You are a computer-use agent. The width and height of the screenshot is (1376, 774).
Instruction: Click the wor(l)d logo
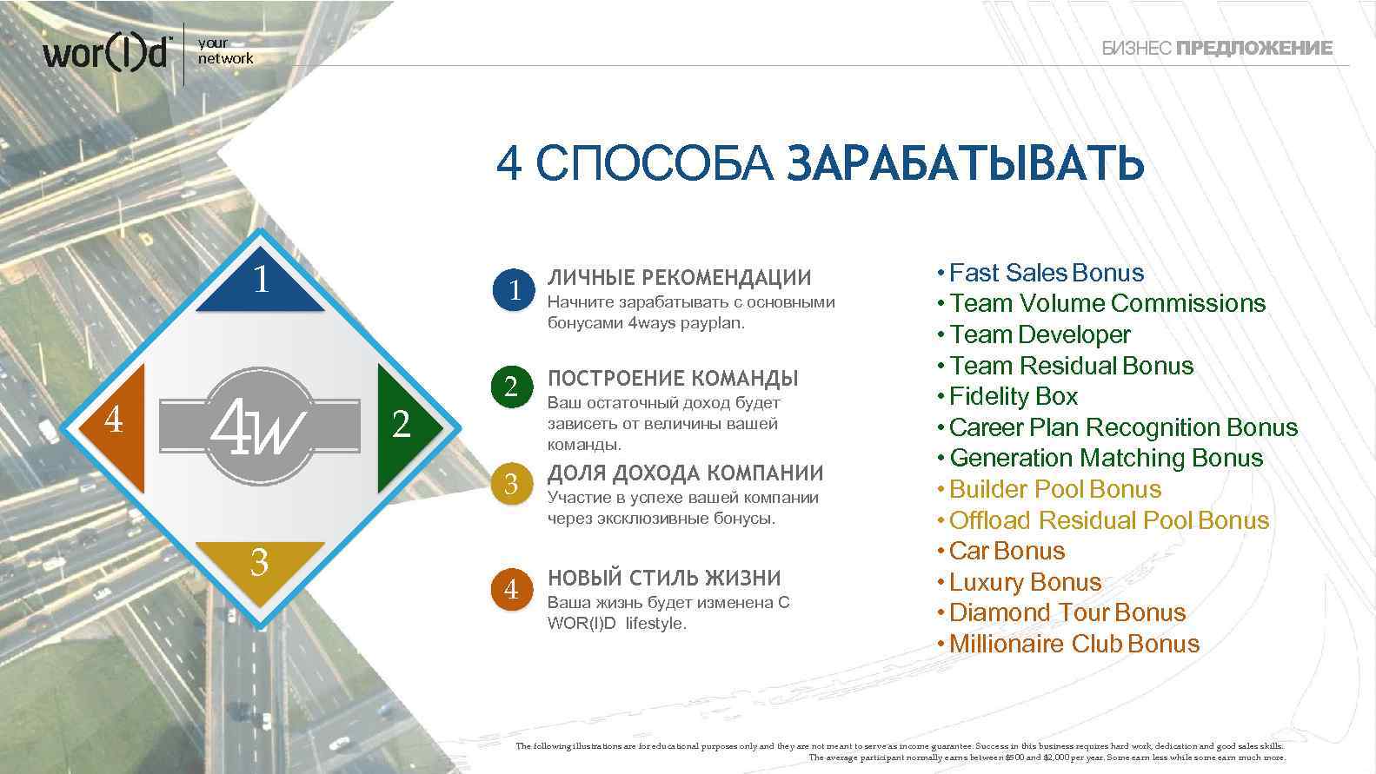click(x=106, y=53)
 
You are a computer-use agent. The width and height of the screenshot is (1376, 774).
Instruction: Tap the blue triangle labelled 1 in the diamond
click(x=260, y=287)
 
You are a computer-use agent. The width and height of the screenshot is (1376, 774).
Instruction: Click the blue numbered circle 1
click(x=512, y=289)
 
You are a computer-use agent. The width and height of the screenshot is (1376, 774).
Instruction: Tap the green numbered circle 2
click(x=511, y=387)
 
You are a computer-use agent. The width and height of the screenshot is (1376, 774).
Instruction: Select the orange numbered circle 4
click(x=511, y=590)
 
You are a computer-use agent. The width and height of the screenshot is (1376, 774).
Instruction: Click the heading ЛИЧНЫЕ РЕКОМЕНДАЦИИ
click(x=679, y=278)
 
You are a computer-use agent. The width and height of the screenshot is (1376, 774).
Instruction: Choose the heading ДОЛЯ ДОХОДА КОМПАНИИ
click(x=685, y=473)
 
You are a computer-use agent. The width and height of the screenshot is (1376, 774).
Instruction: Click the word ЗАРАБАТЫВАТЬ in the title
click(x=965, y=163)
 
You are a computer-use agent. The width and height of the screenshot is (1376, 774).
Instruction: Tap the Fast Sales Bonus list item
click(x=1046, y=273)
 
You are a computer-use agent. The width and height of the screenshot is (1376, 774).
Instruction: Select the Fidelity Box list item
click(x=1013, y=397)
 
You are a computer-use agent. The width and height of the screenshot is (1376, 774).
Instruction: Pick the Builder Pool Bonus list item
click(x=1054, y=489)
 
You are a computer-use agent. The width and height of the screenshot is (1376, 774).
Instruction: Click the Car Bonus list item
click(x=1007, y=551)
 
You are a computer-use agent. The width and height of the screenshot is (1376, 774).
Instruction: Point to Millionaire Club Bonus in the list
click(x=1074, y=644)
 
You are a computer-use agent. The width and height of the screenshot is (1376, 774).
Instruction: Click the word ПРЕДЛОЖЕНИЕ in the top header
click(x=1253, y=49)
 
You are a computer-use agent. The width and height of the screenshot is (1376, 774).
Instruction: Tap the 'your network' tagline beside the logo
click(x=224, y=50)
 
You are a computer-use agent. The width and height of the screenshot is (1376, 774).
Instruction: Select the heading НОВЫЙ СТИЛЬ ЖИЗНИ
click(x=664, y=578)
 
